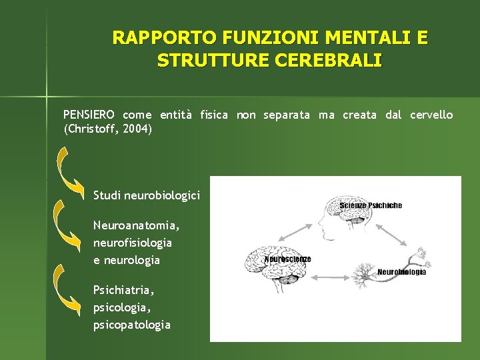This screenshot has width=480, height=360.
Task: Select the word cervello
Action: pyautogui.click(x=431, y=115)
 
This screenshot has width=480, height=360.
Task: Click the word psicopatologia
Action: pyautogui.click(x=132, y=325)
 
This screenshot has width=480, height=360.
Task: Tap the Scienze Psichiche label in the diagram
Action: pyautogui.click(x=371, y=205)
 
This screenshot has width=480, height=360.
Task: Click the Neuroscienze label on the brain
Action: pyautogui.click(x=288, y=259)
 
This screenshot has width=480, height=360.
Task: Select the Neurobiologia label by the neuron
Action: pyautogui.click(x=401, y=272)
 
